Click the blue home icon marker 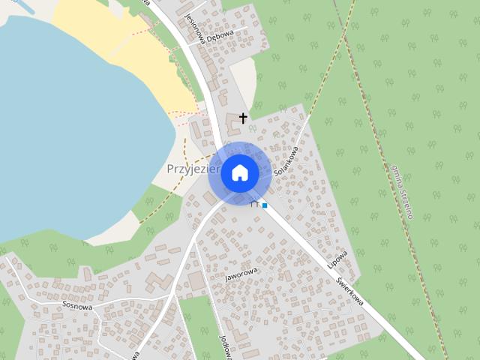[x=240, y=172]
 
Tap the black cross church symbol [x=243, y=118]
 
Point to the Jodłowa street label [x=223, y=342]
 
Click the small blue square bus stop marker [x=265, y=205]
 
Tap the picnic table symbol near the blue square [x=255, y=202]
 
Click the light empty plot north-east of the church [x=243, y=82]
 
